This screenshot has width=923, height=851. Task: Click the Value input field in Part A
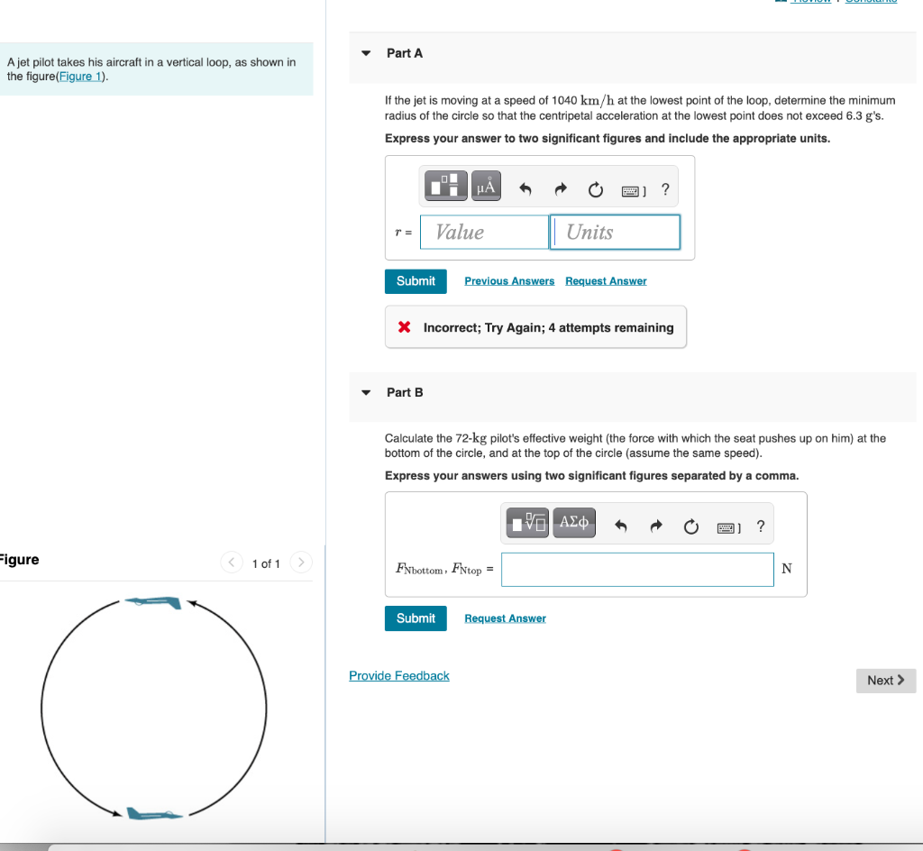click(484, 232)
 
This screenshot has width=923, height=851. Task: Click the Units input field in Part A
click(615, 232)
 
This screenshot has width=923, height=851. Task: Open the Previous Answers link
click(509, 281)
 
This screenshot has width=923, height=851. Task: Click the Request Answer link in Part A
click(606, 281)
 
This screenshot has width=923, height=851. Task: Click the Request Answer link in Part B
click(505, 618)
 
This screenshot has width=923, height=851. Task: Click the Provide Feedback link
click(398, 676)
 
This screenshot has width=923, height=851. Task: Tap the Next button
click(885, 681)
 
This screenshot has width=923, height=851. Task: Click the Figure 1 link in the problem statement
click(79, 77)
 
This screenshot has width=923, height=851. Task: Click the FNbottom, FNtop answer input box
click(637, 569)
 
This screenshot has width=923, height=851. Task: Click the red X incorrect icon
click(406, 327)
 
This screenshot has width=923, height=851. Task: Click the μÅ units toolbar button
click(486, 187)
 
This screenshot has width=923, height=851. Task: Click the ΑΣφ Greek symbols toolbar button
click(574, 522)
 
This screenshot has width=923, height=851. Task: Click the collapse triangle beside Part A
click(366, 53)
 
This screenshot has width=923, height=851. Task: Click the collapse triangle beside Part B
click(366, 392)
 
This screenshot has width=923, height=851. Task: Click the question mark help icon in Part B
click(761, 526)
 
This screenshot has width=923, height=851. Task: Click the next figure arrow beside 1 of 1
click(302, 563)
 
